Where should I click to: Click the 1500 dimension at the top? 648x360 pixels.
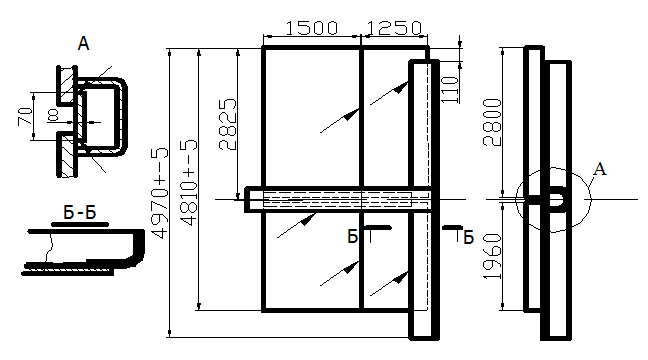[312, 28]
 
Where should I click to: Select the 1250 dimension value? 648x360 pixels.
[394, 28]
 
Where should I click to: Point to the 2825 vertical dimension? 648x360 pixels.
[228, 124]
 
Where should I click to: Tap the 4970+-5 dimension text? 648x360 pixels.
[160, 193]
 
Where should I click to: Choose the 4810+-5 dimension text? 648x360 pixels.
[189, 183]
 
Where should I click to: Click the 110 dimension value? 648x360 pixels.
[451, 89]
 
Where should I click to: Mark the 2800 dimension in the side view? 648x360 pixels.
[492, 122]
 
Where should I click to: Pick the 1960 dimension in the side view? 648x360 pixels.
[492, 256]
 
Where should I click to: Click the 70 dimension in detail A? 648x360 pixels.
[25, 116]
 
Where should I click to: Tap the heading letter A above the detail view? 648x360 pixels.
[83, 43]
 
